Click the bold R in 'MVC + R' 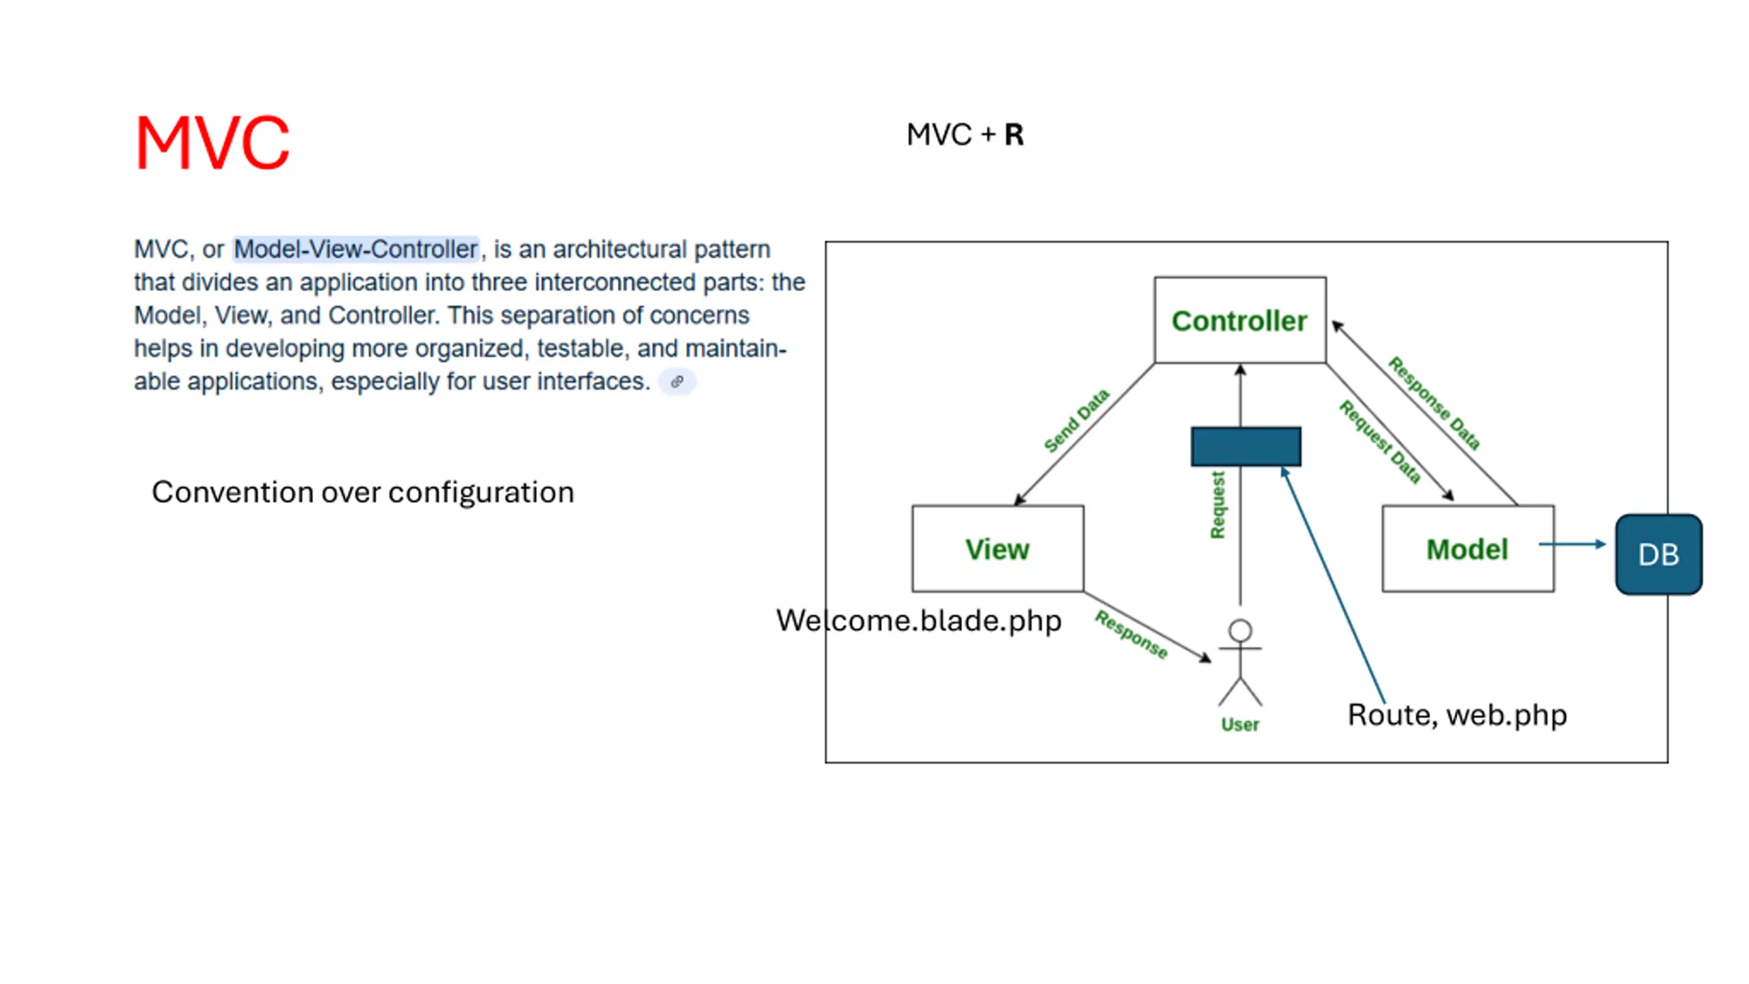(1014, 135)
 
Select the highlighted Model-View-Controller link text (355, 249)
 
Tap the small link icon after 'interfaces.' (677, 382)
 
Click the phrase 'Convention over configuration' (363, 493)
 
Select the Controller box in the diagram (1239, 320)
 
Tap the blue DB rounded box (1658, 555)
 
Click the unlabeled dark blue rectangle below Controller (1245, 447)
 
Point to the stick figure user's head (1240, 630)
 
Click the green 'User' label (1240, 724)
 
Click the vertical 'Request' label (1217, 505)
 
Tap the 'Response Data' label (1434, 403)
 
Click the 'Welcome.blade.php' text (919, 620)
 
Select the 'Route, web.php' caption (1457, 715)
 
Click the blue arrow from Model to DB (1571, 545)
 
